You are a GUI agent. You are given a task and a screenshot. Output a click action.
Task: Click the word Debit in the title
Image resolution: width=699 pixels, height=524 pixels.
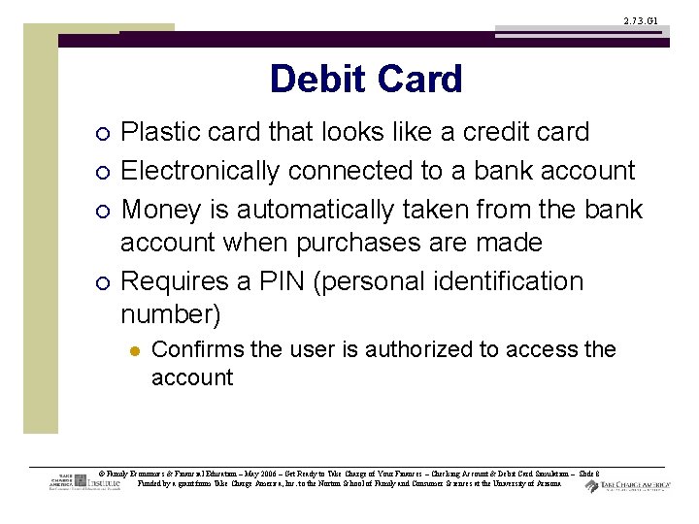tap(317, 80)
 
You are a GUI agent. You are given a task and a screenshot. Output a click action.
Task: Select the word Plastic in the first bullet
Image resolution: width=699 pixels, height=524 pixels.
tap(165, 133)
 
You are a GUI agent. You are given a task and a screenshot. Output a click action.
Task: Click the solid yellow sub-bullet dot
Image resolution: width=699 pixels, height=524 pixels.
tap(133, 350)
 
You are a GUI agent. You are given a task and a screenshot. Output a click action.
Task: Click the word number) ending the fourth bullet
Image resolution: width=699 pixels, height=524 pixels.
tap(171, 314)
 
